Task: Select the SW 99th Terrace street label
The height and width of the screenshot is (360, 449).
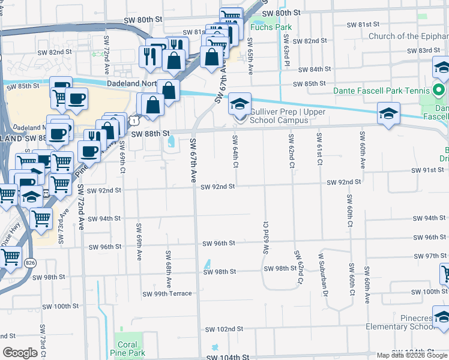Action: tap(167, 294)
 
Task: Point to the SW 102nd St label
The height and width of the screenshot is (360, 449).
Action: tap(224, 329)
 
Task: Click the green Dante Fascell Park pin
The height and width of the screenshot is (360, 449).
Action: tap(439, 91)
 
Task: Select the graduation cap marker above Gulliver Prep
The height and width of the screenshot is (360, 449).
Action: tap(240, 104)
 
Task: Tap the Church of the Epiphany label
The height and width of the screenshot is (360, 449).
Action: tap(408, 37)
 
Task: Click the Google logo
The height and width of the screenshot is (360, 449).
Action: tap(20, 353)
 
